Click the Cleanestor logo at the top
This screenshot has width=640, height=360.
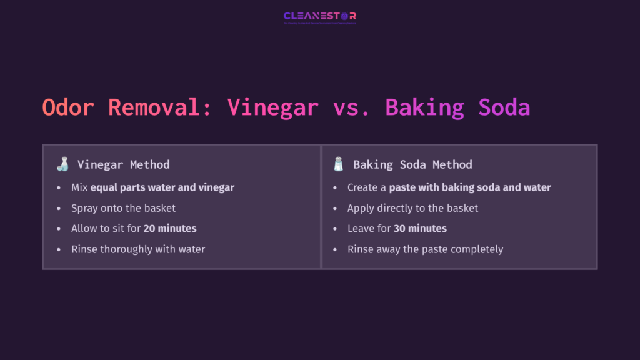point(319,16)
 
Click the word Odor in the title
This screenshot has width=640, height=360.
point(69,107)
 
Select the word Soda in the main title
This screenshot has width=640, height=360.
point(504,107)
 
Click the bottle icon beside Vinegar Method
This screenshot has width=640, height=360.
point(62,165)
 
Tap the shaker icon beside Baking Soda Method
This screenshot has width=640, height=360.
point(339,165)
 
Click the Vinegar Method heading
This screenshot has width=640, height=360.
point(123,165)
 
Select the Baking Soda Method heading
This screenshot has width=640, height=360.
point(412,165)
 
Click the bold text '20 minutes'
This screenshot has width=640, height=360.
point(169,229)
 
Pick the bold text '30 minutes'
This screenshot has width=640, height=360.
point(420,229)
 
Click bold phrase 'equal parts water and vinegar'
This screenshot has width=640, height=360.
point(162,187)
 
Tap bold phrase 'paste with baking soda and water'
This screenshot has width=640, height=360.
point(470,187)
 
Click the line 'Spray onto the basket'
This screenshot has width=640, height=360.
point(123,208)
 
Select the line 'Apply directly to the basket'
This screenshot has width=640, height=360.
point(412,208)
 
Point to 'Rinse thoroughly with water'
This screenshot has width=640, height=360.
point(138,249)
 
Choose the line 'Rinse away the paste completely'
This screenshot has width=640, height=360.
point(425,249)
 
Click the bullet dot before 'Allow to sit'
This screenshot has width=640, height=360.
point(59,229)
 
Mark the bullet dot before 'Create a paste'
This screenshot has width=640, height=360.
point(335,187)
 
